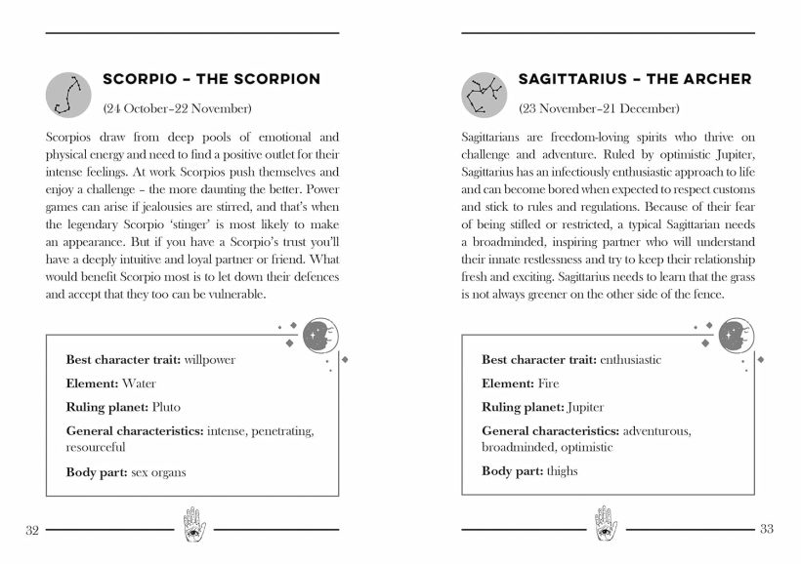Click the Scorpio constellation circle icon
69,92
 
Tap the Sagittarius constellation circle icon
485,92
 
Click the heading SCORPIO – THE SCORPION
211,79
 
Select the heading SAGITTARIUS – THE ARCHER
635,79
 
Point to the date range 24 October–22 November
177,107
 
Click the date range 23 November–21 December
599,107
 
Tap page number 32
31,530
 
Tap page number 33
766,530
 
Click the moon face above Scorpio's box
318,335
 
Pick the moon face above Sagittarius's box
735,335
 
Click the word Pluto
165,407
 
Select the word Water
139,383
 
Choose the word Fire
549,383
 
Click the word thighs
562,471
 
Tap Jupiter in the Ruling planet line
584,407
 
